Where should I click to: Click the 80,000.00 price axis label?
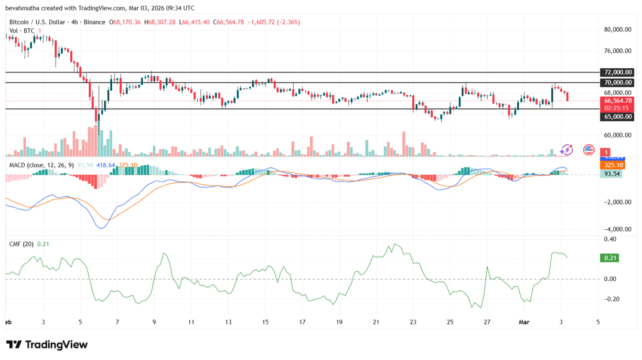pyautogui.click(x=617, y=30)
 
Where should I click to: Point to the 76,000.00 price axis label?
pyautogui.click(x=617, y=51)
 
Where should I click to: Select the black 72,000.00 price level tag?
pyautogui.click(x=618, y=72)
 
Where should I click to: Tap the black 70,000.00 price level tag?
pyautogui.click(x=618, y=83)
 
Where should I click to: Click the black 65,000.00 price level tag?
pyautogui.click(x=618, y=117)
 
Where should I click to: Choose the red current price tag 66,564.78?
pyautogui.click(x=618, y=100)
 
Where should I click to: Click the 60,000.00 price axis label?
pyautogui.click(x=617, y=135)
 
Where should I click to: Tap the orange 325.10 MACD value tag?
pyautogui.click(x=612, y=165)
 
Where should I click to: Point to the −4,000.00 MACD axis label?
pyautogui.click(x=617, y=229)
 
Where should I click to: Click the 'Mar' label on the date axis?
pyautogui.click(x=525, y=322)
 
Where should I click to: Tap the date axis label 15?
pyautogui.click(x=265, y=322)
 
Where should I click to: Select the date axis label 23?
pyautogui.click(x=413, y=322)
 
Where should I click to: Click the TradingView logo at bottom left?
pyautogui.click(x=47, y=345)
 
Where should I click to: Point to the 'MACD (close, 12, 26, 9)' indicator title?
pyautogui.click(x=40, y=165)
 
